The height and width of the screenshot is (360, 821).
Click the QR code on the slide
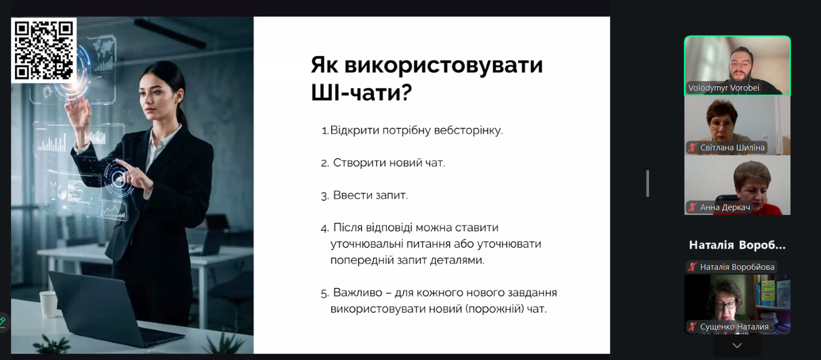(x=44, y=50)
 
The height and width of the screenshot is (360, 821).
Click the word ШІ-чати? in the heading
(x=361, y=93)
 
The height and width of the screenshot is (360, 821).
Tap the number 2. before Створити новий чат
(x=325, y=163)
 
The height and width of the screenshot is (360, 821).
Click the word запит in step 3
(x=391, y=196)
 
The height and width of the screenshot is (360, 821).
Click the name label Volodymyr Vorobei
(x=723, y=88)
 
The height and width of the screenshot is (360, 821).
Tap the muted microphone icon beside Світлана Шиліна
(x=692, y=147)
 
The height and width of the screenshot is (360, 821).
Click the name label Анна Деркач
(x=725, y=208)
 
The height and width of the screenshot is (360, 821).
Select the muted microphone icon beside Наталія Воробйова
(x=692, y=267)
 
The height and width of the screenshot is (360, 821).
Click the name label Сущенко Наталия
(x=734, y=327)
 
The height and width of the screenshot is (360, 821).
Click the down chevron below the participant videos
(x=737, y=346)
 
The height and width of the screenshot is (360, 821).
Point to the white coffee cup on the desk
(x=48, y=304)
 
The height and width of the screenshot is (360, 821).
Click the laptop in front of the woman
(x=109, y=310)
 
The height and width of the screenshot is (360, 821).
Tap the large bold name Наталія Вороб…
(x=737, y=245)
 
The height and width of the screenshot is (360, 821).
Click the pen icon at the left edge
(x=2, y=322)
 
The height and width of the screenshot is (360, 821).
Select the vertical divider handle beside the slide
(x=648, y=183)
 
